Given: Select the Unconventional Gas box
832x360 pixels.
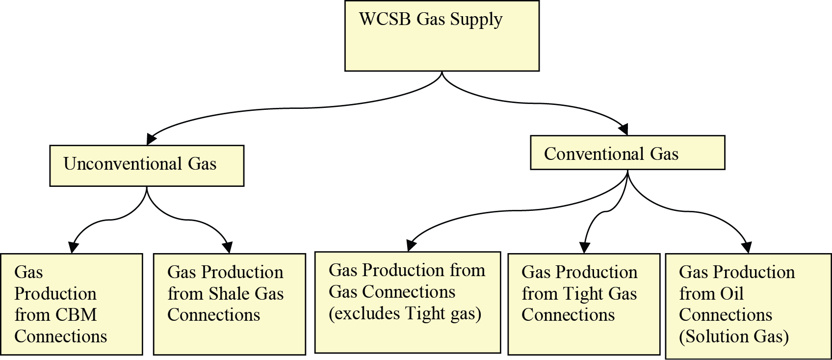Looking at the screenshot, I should point(147,166).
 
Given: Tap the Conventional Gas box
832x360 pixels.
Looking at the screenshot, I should point(627,153).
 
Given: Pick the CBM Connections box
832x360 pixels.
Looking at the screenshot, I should point(71,304).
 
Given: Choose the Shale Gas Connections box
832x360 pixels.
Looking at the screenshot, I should point(229,304).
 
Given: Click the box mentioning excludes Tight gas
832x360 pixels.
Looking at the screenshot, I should point(407,303).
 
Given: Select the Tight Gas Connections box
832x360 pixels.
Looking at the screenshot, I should point(583,304).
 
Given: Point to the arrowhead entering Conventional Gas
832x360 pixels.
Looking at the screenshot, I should point(623,129).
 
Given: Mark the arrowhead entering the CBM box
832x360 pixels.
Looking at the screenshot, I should point(74,247).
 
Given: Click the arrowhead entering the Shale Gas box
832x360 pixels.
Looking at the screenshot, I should point(227,247).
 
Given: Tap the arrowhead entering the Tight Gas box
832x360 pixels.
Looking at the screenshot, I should point(584,247).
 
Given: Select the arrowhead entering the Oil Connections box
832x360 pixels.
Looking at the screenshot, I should point(746,247).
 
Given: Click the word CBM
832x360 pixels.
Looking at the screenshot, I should point(76,315).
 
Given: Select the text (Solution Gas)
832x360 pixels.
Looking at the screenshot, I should point(733,336).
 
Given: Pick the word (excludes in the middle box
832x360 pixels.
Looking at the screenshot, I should point(363,313).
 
